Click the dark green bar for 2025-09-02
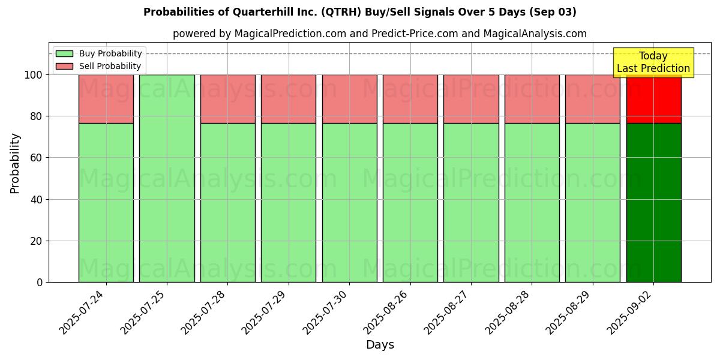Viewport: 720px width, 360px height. coord(653,202)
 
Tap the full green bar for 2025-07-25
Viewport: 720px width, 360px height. coord(167,178)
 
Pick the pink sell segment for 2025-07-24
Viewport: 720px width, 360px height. coord(106,99)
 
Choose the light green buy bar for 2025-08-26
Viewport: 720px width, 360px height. coord(410,202)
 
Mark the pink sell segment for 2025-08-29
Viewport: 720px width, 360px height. coord(593,99)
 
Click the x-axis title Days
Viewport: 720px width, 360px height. coord(380,345)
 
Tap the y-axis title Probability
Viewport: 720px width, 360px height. coord(15,163)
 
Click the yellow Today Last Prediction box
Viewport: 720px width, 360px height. coord(653,62)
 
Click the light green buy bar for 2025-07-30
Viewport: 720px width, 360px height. coord(349,202)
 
